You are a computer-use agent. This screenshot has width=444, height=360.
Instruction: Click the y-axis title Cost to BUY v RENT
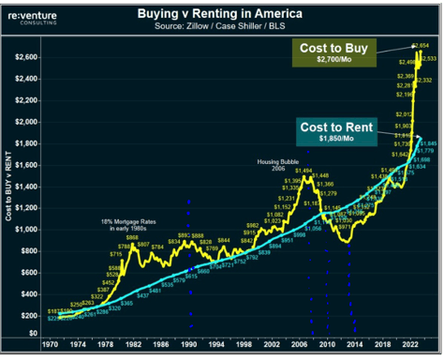click(10, 187)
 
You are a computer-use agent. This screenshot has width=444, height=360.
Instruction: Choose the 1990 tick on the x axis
click(189, 346)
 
